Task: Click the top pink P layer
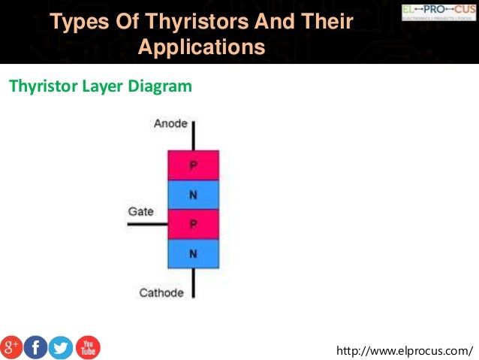[x=193, y=165]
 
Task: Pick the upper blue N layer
[x=193, y=195]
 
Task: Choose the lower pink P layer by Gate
[x=193, y=224]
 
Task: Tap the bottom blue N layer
[x=193, y=253]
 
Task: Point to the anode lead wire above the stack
[x=193, y=135]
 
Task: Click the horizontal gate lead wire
[x=147, y=224]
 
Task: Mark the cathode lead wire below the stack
[x=193, y=283]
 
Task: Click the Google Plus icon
[x=12, y=347]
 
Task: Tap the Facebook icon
[x=35, y=347]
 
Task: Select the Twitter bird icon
[x=61, y=347]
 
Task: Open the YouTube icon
[x=87, y=347]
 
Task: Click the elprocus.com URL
[x=405, y=350]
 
